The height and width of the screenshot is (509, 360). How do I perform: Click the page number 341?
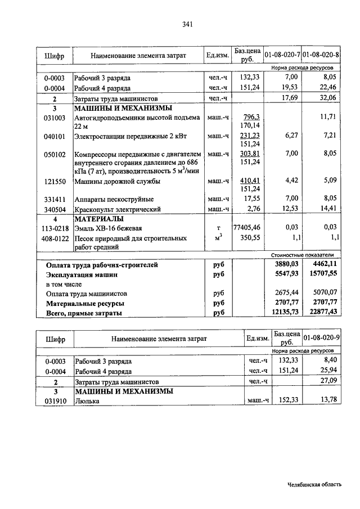pos(188,24)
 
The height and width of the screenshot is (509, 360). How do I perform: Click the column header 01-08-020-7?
pos(282,56)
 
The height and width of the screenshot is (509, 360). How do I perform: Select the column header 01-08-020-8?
pos(320,56)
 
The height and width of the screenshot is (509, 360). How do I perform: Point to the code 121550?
pos(55,181)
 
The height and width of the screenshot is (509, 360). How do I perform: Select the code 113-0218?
pos(55,228)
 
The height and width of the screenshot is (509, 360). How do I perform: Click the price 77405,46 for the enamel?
pos(248,228)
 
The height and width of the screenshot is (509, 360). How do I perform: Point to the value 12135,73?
pos(283,312)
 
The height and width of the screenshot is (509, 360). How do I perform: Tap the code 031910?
pos(55,401)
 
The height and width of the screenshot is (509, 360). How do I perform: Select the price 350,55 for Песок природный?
pos(250,238)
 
